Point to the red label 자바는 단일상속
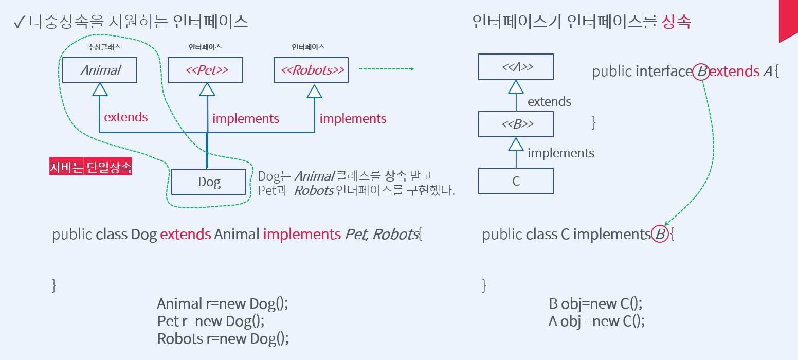[x=90, y=167]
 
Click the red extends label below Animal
[x=126, y=117]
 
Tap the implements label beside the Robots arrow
[x=353, y=119]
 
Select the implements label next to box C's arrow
[x=561, y=153]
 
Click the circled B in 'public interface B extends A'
[x=701, y=71]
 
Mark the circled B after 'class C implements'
[x=660, y=234]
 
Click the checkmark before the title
[x=19, y=22]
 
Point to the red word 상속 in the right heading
[x=677, y=22]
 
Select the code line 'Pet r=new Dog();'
[x=211, y=321]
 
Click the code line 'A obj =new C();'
[x=596, y=321]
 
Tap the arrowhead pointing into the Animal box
[x=100, y=89]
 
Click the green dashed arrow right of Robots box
[x=387, y=69]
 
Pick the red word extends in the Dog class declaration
[x=185, y=234]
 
